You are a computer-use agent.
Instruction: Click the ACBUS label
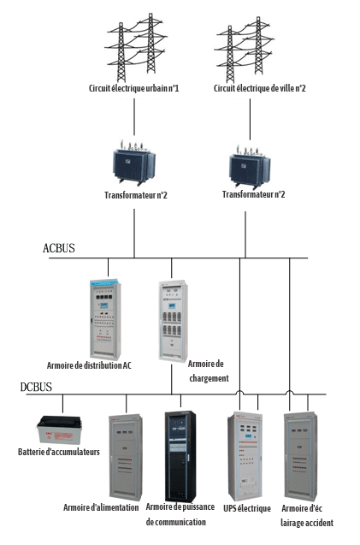[59, 248]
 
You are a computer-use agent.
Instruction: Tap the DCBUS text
[36, 387]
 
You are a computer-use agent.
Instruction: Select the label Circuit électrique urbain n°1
[133, 88]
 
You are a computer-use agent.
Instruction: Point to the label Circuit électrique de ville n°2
[260, 88]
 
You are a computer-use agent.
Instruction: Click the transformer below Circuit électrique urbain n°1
[133, 163]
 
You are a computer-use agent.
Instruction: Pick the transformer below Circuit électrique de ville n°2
[250, 166]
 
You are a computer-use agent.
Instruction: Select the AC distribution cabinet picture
[105, 318]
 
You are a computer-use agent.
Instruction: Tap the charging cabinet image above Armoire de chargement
[173, 321]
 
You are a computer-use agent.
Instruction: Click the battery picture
[59, 429]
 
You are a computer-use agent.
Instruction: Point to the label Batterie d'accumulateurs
[59, 452]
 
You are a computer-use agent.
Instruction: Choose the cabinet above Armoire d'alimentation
[126, 457]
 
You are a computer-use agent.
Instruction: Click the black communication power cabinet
[180, 456]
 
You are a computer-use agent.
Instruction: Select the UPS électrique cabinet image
[245, 456]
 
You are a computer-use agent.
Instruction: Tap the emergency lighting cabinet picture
[301, 456]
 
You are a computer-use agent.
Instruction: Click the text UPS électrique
[247, 508]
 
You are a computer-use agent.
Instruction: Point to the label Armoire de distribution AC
[89, 365]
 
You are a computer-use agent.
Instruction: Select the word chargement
[209, 378]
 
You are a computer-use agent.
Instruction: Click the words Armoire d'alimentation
[101, 507]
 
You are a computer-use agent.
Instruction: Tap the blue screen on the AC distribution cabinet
[103, 305]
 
